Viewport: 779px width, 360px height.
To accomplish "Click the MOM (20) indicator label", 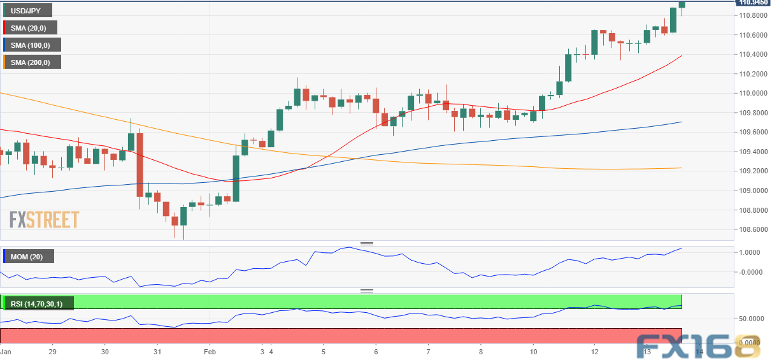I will [x=28, y=256].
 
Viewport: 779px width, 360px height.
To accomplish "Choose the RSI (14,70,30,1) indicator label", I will [x=38, y=303].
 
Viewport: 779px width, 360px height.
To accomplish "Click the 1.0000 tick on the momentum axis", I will [x=752, y=252].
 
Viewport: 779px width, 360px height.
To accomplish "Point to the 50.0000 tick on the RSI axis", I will [x=752, y=318].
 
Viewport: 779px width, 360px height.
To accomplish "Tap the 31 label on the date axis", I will [x=157, y=351].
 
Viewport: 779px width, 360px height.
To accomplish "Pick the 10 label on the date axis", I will [x=533, y=351].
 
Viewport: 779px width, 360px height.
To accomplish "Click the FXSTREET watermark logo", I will [x=44, y=220].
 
